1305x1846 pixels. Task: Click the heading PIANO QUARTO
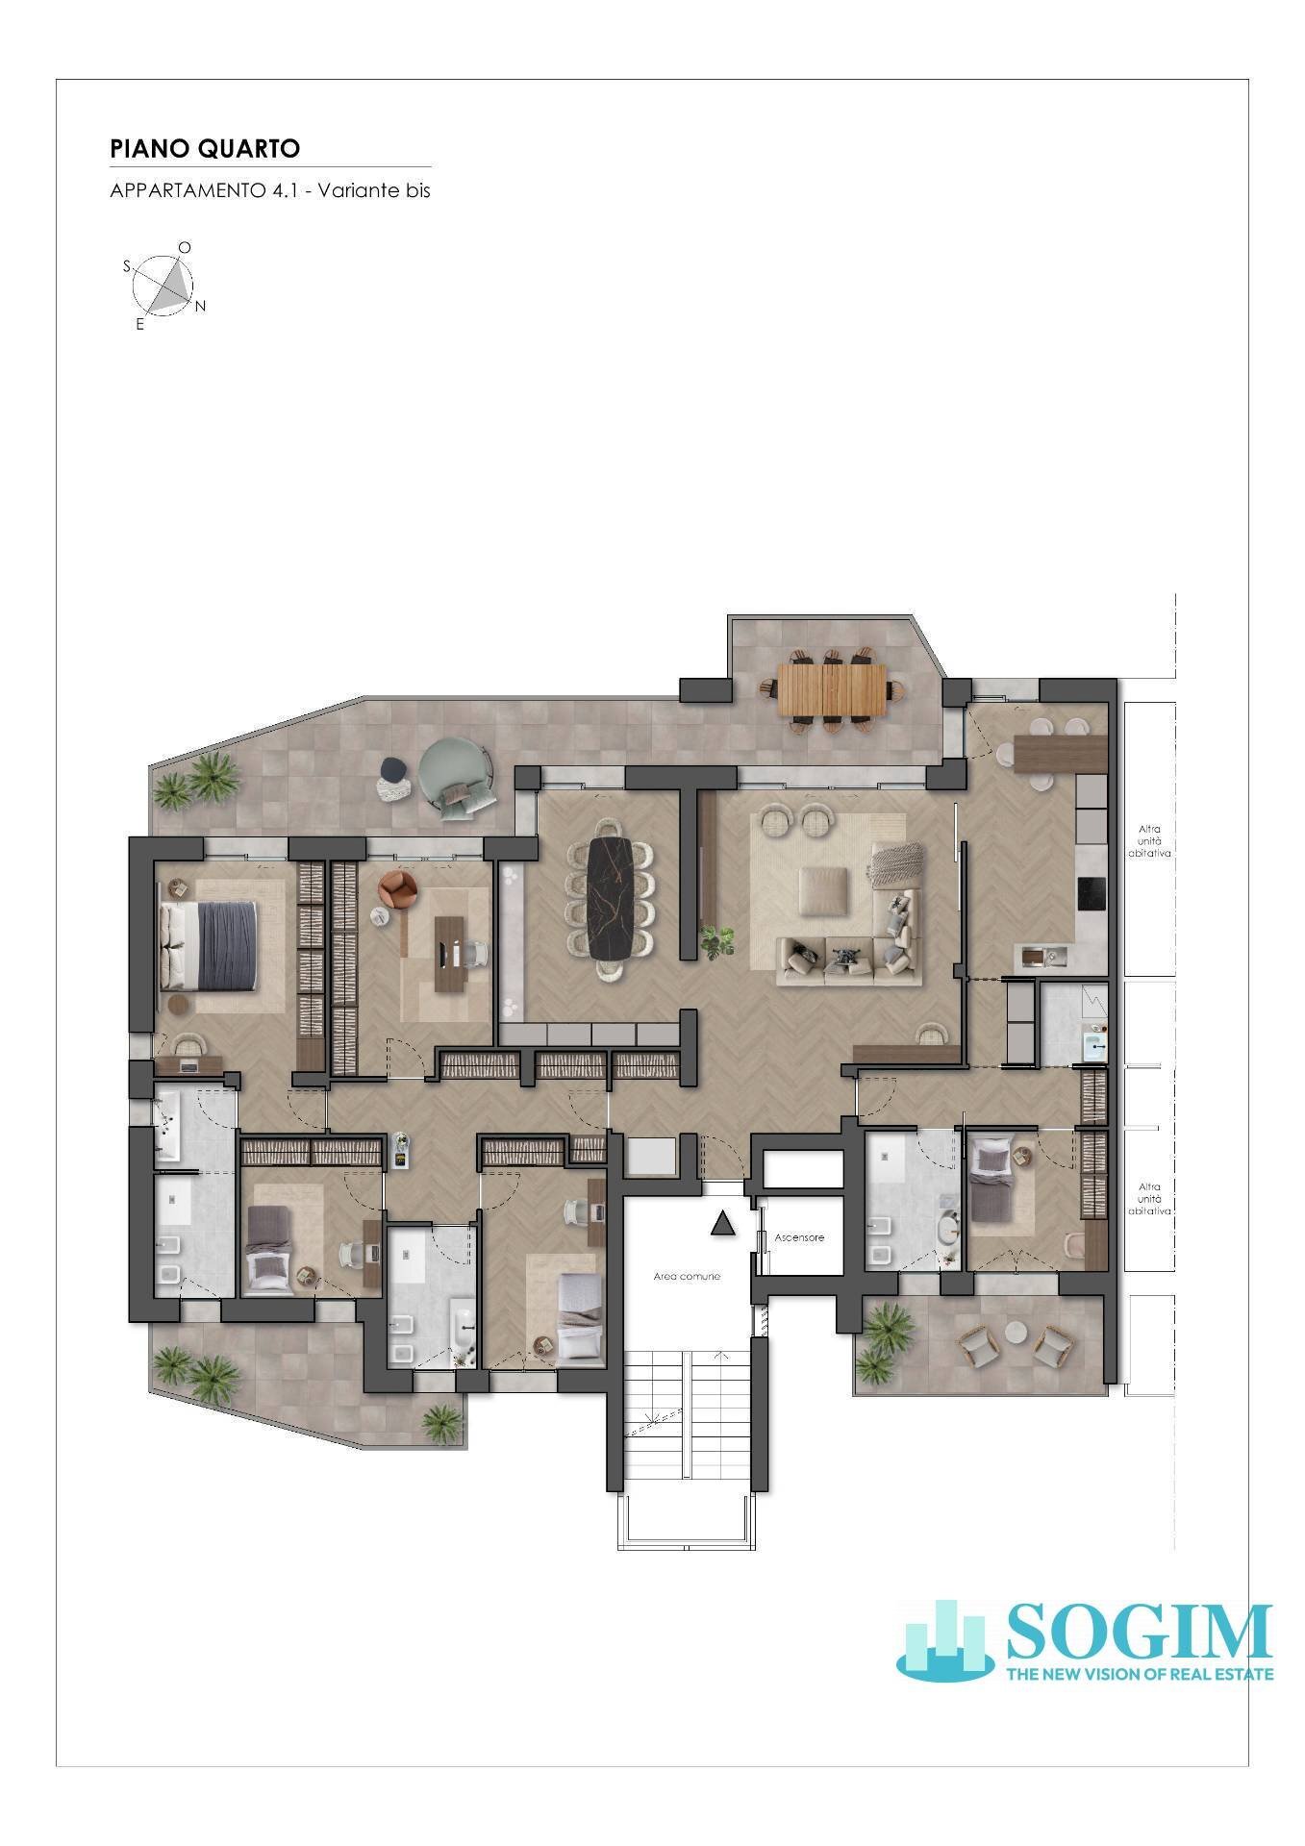205,148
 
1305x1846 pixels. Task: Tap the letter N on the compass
200,307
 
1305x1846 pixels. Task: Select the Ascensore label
799,1237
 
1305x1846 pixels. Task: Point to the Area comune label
687,1276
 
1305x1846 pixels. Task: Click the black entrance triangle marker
722,1223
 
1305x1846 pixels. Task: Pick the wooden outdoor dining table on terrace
832,689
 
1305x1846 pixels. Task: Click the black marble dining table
612,897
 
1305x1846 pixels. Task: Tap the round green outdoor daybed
454,777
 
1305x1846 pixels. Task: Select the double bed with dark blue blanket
210,945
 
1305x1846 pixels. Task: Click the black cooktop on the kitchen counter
1092,894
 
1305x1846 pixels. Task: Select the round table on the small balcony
1016,1333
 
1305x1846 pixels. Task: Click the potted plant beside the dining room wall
715,940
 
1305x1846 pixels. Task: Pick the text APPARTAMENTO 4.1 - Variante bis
270,189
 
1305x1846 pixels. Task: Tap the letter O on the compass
185,247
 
